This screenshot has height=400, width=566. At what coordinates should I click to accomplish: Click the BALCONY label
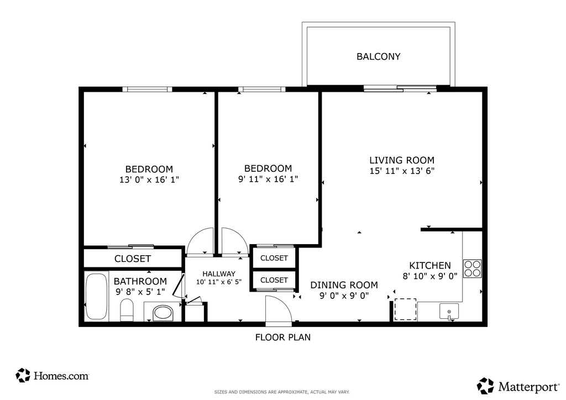pyautogui.click(x=378, y=56)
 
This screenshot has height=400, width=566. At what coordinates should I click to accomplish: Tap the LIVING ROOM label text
pyautogui.click(x=402, y=160)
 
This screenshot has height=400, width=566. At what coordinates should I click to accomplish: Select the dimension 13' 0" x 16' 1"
pyautogui.click(x=149, y=180)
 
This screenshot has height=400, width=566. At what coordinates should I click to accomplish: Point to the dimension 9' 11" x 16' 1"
pyautogui.click(x=268, y=179)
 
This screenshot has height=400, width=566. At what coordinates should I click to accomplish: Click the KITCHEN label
pyautogui.click(x=430, y=266)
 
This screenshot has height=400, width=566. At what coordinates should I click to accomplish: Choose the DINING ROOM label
pyautogui.click(x=344, y=285)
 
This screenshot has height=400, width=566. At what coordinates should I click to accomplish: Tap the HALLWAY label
pyautogui.click(x=219, y=274)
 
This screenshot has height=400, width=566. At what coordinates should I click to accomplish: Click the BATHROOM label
pyautogui.click(x=140, y=281)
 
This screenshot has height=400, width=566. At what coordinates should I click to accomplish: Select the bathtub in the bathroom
pyautogui.click(x=96, y=297)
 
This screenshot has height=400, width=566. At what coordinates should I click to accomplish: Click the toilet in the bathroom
pyautogui.click(x=127, y=309)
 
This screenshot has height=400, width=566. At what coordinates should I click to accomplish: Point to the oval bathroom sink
pyautogui.click(x=163, y=313)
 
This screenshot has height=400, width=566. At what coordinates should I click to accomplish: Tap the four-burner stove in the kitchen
pyautogui.click(x=472, y=269)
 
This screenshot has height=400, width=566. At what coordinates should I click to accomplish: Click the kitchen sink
pyautogui.click(x=449, y=311)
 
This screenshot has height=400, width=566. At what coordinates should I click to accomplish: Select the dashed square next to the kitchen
pyautogui.click(x=405, y=309)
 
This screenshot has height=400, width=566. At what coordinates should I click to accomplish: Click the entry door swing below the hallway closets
pyautogui.click(x=279, y=308)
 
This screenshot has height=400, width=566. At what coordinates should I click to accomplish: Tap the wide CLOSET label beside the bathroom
pyautogui.click(x=133, y=259)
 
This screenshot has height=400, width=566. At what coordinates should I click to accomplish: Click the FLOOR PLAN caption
pyautogui.click(x=283, y=338)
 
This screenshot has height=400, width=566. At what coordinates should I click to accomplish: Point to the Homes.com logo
pyautogui.click(x=53, y=376)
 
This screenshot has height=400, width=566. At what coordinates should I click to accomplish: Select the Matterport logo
pyautogui.click(x=518, y=386)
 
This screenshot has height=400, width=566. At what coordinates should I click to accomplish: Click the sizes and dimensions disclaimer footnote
pyautogui.click(x=282, y=392)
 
